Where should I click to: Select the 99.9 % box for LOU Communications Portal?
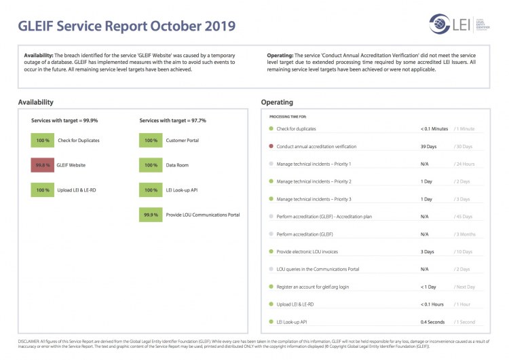(x=151, y=215)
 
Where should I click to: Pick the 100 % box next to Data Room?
(x=151, y=165)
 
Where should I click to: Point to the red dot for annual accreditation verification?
(x=271, y=146)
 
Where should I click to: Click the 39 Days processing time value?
(x=428, y=146)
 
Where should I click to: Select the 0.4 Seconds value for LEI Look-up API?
(x=432, y=321)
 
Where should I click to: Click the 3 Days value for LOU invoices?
(x=427, y=251)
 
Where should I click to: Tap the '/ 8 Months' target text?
(x=466, y=234)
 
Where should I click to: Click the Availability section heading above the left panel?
(x=36, y=102)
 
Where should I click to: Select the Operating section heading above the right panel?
(x=277, y=102)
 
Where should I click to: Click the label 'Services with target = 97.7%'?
(x=172, y=120)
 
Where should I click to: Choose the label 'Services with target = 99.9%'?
(x=64, y=120)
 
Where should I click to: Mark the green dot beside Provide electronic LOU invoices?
(x=271, y=251)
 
